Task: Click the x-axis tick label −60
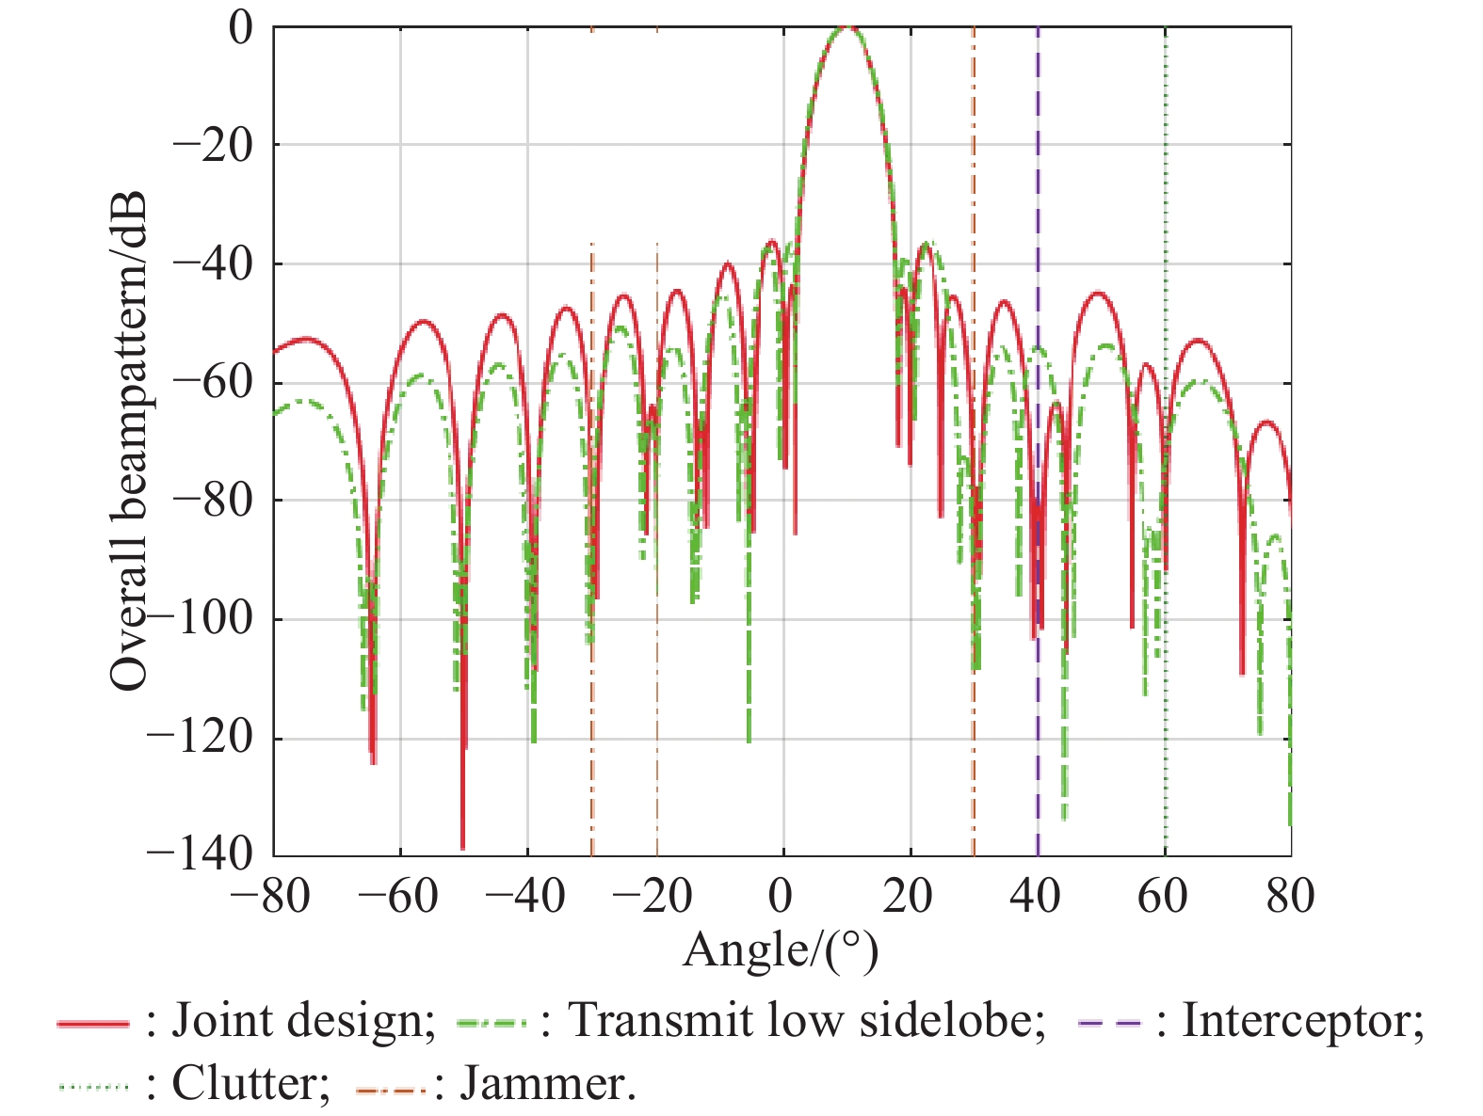(399, 896)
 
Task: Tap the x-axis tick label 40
(1036, 896)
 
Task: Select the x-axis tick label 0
(781, 896)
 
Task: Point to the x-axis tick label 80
(1289, 896)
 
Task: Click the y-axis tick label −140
(201, 854)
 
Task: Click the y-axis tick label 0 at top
(242, 28)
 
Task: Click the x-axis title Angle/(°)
(781, 950)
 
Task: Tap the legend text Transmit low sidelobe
(806, 1021)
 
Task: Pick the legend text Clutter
(250, 1084)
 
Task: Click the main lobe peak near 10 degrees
(848, 29)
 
